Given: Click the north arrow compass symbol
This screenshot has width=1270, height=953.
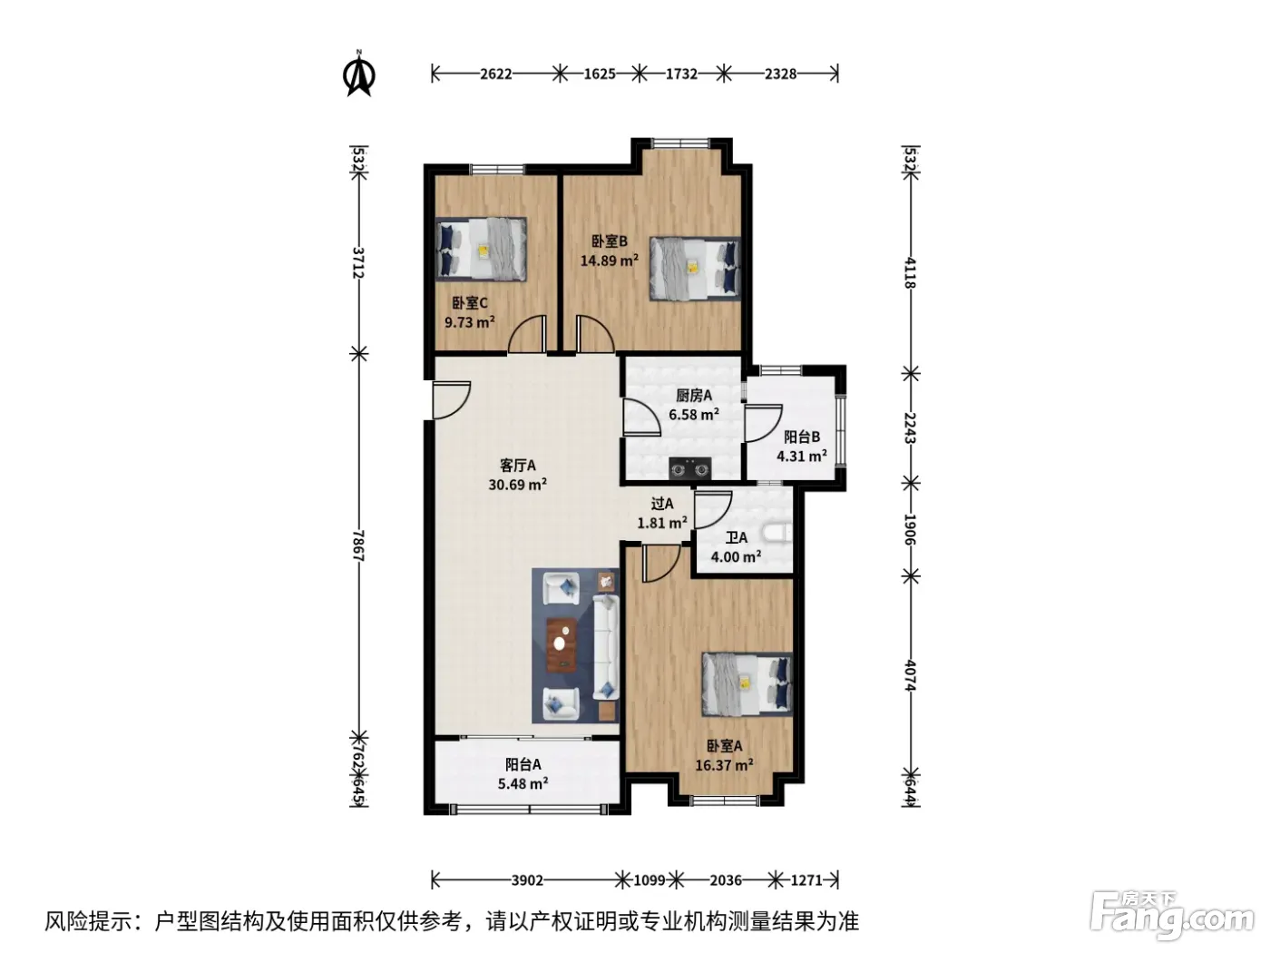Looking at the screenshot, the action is (x=358, y=74).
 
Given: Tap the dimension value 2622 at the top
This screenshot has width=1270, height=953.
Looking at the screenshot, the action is (x=496, y=74).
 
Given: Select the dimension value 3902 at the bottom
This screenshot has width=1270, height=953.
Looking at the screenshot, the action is (x=527, y=880).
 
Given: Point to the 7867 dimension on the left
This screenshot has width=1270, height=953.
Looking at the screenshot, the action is (x=358, y=545).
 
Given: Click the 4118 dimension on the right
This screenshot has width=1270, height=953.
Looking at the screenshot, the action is (x=910, y=273).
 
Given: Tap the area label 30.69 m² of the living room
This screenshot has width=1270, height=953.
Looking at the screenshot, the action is (x=517, y=485).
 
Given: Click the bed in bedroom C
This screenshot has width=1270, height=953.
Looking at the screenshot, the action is (x=481, y=250).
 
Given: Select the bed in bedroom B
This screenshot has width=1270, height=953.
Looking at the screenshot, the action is (x=694, y=269).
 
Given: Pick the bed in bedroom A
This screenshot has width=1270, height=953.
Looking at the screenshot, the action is (x=747, y=684).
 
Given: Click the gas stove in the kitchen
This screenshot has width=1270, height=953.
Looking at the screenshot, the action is (x=689, y=468).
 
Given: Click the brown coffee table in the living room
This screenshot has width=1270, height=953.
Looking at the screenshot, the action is (x=562, y=645).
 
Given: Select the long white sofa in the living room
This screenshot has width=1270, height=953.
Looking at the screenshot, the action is (x=606, y=647).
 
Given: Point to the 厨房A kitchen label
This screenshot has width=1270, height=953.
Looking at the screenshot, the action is (x=694, y=395).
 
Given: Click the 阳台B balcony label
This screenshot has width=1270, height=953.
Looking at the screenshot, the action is (x=801, y=437).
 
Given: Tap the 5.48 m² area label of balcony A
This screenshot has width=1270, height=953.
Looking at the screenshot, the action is (x=523, y=783).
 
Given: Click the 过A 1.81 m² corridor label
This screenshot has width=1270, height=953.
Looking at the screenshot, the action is (x=662, y=513).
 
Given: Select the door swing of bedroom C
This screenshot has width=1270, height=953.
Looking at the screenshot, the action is (x=526, y=333).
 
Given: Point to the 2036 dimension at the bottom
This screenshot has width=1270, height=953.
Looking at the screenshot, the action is (x=726, y=880).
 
